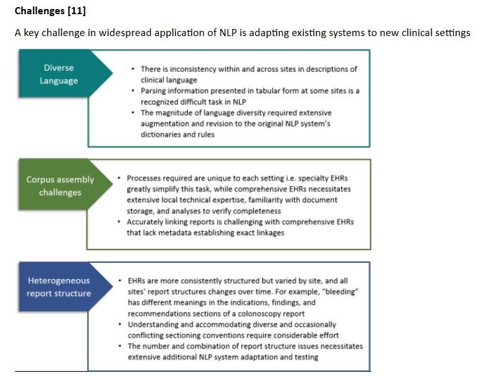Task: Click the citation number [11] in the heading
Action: [76, 11]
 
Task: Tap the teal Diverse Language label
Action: [59, 74]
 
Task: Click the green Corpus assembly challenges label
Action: [60, 186]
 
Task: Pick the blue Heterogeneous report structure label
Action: [59, 287]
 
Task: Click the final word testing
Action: [304, 357]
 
